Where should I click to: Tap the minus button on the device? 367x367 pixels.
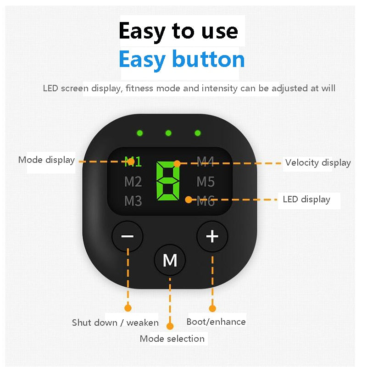pos(128,236)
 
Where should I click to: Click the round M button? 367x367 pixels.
pos(170,260)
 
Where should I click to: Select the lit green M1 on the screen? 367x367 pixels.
pos(133,162)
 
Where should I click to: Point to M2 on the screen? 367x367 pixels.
pos(133,181)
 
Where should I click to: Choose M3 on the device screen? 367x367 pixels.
pos(133,201)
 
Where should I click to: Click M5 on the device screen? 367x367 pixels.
pos(206,181)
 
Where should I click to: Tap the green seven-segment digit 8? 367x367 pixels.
pos(168,181)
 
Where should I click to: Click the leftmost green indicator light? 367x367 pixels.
pos(140,133)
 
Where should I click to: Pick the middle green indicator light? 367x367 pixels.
pos(168,133)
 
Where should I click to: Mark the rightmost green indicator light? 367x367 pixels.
pos(198,133)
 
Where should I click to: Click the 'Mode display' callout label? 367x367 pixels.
pos(47,160)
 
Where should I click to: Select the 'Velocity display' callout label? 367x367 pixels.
pos(318,163)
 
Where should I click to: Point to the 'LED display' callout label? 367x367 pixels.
pos(306,200)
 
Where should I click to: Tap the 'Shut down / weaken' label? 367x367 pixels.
pos(115,323)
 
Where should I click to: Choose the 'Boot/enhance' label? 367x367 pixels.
pos(216,322)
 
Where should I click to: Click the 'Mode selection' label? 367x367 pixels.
pos(172,339)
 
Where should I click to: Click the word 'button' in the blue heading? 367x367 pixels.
pos(208,59)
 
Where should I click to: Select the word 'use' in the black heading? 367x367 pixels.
pos(220,31)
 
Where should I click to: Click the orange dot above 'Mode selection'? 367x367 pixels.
pos(170,326)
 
